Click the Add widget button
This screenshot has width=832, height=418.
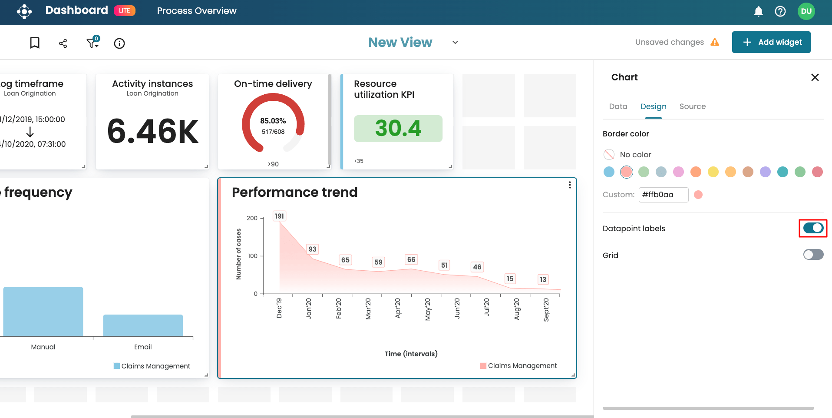coord(771,42)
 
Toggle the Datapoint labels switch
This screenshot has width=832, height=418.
coord(813,228)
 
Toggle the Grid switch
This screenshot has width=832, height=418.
coord(813,255)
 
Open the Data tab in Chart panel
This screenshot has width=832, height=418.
coord(618,106)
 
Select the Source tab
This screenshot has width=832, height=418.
coord(692,106)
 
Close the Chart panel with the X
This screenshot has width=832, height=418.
coord(815,77)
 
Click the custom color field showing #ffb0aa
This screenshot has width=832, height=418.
coord(663,195)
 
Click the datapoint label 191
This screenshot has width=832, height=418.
coord(279,216)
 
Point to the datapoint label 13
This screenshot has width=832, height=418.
coord(543,279)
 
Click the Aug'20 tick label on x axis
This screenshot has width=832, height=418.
coord(517,309)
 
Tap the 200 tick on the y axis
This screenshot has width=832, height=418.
coord(252,218)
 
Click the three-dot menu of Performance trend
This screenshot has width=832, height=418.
coord(569,185)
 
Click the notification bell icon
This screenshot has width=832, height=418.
coord(758,11)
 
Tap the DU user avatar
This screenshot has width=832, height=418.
coord(806,11)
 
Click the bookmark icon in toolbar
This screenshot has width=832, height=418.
coord(35,43)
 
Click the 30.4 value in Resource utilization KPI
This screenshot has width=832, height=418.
coord(398,129)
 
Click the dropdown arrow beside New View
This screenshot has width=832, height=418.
coord(455,43)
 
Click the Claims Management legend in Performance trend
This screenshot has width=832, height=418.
coord(518,366)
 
